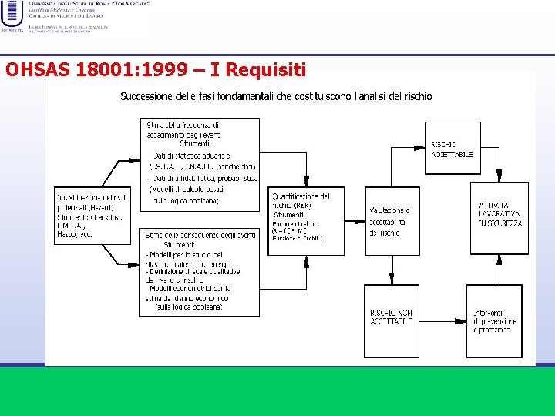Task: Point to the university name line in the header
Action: point(89,4)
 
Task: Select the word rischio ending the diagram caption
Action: point(416,96)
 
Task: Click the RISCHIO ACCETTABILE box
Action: point(452,149)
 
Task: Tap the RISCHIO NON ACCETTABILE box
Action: point(392,320)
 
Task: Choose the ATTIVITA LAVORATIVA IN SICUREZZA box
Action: point(499,217)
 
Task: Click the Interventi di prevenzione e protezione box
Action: point(494,320)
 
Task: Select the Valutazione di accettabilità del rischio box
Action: point(392,221)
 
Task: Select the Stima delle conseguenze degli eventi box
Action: point(200,272)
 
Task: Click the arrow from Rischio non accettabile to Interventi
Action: point(442,320)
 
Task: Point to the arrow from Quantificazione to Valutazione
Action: point(355,221)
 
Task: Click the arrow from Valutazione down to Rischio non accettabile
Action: point(392,270)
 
